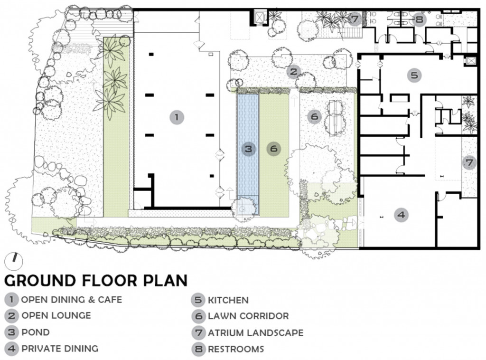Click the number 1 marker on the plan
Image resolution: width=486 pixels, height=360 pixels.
(x=177, y=117)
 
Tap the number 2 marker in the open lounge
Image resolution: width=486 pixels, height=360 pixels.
(x=293, y=72)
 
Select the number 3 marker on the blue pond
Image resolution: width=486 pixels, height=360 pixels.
(x=249, y=149)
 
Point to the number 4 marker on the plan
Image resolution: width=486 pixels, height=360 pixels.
(x=401, y=215)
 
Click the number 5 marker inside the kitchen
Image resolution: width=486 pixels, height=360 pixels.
(x=414, y=75)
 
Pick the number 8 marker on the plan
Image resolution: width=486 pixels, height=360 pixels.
(x=419, y=19)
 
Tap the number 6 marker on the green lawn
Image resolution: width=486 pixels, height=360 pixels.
(x=274, y=149)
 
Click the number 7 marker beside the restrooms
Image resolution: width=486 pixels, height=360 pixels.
(x=355, y=19)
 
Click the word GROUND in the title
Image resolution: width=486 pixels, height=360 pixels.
(x=40, y=280)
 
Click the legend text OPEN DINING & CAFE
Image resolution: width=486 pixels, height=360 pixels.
(x=72, y=300)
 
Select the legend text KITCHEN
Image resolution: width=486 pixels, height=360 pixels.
(x=228, y=300)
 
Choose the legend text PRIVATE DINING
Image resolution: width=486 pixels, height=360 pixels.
(x=60, y=349)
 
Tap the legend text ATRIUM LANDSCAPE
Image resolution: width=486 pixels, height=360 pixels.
(x=256, y=333)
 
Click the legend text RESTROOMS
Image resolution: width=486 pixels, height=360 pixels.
(x=236, y=349)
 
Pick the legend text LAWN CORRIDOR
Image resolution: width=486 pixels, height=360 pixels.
(x=248, y=316)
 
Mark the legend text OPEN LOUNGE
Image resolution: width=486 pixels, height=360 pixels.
(x=56, y=315)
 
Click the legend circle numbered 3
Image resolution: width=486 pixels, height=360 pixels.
(x=11, y=332)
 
